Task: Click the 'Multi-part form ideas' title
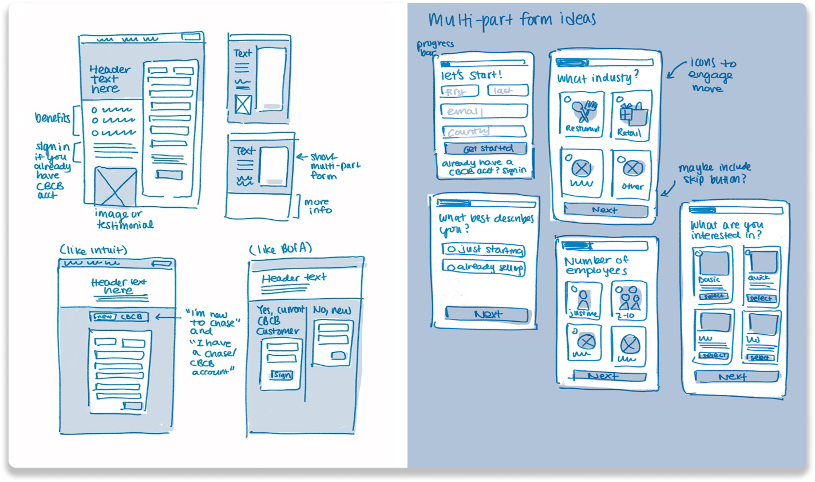click(x=512, y=20)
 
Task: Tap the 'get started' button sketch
click(x=486, y=149)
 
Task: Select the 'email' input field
click(x=484, y=111)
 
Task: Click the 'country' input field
click(x=484, y=132)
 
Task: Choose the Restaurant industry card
click(x=581, y=114)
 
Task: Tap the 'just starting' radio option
click(x=484, y=250)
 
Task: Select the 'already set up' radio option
click(x=484, y=267)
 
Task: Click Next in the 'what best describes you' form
click(x=487, y=314)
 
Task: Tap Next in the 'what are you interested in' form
click(x=736, y=377)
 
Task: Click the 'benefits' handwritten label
click(x=52, y=118)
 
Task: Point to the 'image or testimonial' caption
click(x=125, y=220)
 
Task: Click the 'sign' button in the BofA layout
click(x=282, y=375)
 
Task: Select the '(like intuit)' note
click(x=93, y=250)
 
